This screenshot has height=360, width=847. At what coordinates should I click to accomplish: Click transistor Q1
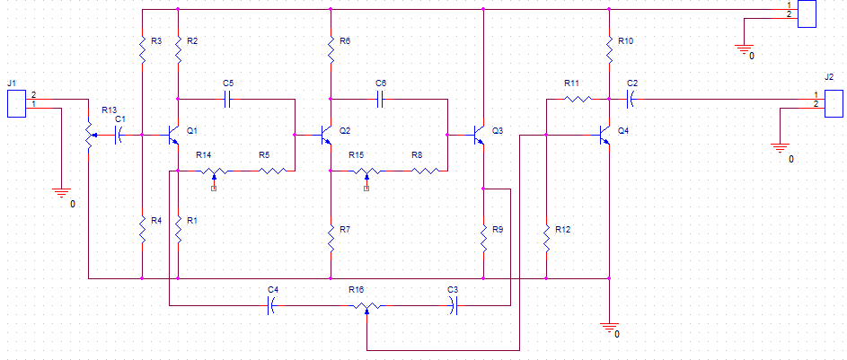(x=172, y=135)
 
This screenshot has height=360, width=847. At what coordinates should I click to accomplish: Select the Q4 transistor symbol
(x=604, y=135)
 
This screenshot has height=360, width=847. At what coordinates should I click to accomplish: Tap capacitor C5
(x=228, y=100)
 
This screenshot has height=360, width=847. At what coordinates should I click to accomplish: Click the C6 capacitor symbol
(x=381, y=100)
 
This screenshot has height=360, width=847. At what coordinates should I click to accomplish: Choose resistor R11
(x=578, y=100)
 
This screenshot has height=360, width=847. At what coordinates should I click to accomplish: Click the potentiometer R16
(x=366, y=306)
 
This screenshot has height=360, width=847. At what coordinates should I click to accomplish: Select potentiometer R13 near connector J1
(x=89, y=135)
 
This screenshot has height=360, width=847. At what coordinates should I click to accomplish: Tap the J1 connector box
(x=16, y=104)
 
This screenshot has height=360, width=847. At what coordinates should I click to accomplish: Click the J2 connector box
(x=834, y=104)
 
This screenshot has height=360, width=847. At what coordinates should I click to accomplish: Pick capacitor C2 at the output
(x=631, y=100)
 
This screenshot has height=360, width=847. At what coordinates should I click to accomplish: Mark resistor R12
(x=547, y=238)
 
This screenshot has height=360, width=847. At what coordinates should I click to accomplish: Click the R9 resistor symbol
(x=483, y=238)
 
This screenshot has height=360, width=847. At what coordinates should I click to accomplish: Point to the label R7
(x=345, y=230)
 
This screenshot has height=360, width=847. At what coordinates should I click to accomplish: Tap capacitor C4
(x=272, y=306)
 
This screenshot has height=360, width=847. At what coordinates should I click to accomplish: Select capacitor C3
(x=454, y=306)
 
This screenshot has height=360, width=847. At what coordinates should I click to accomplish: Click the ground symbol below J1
(x=61, y=191)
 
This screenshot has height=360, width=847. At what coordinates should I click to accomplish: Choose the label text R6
(x=345, y=41)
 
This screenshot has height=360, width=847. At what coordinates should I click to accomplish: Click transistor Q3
(x=479, y=135)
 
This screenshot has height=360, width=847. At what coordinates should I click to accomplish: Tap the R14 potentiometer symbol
(x=215, y=171)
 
